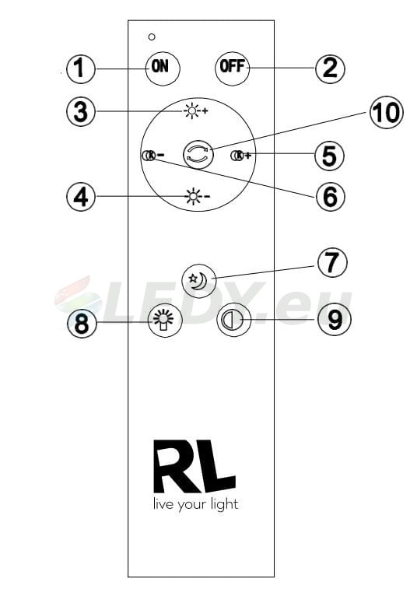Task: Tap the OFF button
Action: [233, 68]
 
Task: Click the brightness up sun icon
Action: [196, 111]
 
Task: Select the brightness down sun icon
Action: [198, 197]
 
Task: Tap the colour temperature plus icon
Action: [241, 156]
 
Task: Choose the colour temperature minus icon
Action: [153, 156]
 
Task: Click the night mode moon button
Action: [199, 281]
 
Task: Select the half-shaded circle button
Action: [234, 320]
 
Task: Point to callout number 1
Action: [80, 68]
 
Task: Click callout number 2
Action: [330, 68]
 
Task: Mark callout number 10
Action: [386, 112]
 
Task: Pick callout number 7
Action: [332, 263]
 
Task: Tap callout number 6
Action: [331, 197]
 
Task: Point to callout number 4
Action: [81, 197]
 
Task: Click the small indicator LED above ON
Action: [152, 37]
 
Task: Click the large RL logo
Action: [194, 467]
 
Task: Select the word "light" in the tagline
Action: [224, 504]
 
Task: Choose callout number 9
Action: [335, 319]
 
